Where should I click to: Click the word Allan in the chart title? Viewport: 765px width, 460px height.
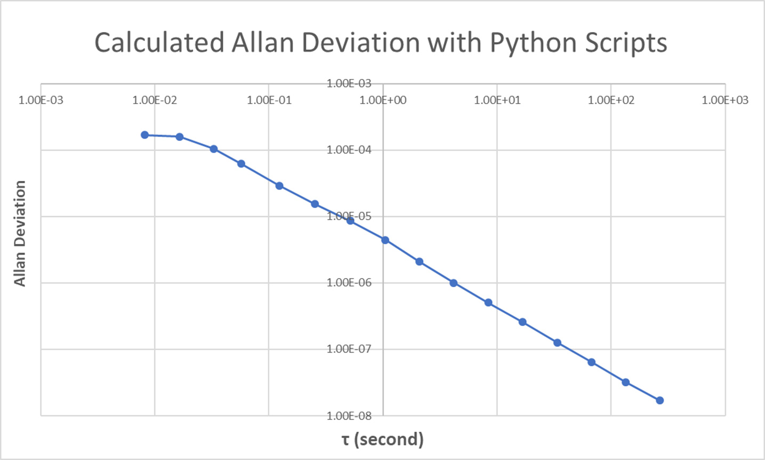coord(261,43)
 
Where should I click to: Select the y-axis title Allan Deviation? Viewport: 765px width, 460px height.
coord(20,233)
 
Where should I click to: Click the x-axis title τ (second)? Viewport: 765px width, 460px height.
coord(382,439)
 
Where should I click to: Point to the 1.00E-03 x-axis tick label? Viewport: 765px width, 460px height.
coord(41,100)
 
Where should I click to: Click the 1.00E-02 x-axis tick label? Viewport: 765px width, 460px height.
coord(155,100)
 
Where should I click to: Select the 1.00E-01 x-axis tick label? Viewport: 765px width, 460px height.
coord(269,100)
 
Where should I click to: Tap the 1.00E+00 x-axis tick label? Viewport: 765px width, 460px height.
coord(383,100)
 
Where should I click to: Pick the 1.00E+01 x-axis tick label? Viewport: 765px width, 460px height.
coord(497,100)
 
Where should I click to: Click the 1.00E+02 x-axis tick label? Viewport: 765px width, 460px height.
coord(611,100)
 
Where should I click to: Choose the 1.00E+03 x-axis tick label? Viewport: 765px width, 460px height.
coord(725,100)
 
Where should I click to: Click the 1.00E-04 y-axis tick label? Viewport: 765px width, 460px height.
coord(349,150)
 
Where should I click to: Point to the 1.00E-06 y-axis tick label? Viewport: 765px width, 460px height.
coord(349,283)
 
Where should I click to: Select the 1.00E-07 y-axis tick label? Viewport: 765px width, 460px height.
coord(349,349)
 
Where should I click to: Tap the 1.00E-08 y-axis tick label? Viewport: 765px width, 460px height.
coord(349,415)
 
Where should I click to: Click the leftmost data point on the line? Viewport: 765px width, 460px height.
coord(144,135)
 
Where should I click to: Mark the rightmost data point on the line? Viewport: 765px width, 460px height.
coord(659,400)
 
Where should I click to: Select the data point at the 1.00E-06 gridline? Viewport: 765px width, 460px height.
coord(454,283)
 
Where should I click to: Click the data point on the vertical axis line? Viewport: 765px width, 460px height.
coord(385,240)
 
